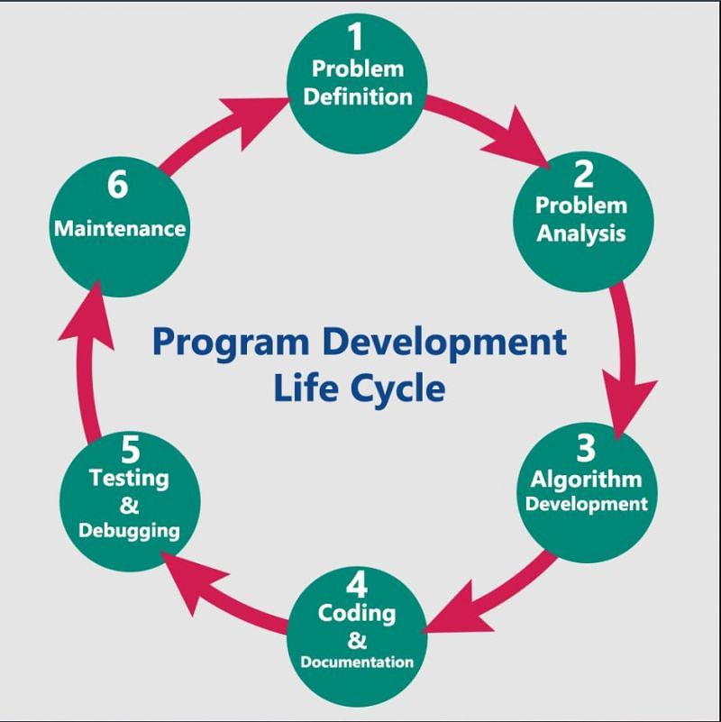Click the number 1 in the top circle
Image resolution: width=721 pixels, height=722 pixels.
356,36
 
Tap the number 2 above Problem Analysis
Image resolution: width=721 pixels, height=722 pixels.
583,174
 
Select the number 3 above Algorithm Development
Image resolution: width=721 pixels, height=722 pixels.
586,448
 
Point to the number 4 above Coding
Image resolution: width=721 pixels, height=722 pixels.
357,584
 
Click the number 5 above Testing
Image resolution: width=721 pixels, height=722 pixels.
131,450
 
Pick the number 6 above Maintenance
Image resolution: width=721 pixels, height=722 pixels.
118,184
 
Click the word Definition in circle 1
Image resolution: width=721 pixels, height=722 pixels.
358,96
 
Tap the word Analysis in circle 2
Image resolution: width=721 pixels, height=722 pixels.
581,233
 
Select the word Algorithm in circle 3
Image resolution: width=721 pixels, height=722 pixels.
586,480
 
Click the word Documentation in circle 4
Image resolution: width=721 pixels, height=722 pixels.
357,662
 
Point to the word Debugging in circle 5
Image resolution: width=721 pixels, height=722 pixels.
129,530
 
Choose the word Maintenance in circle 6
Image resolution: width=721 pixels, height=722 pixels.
120,228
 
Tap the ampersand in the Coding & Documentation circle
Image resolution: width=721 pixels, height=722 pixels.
357,640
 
